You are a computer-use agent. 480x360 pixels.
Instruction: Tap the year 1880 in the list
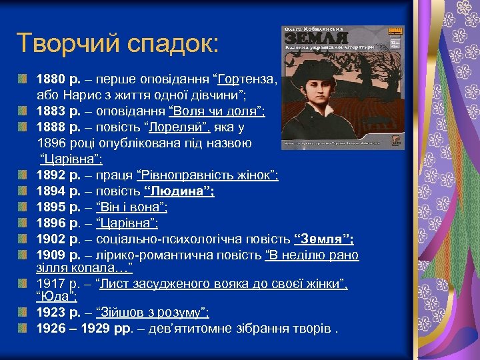[50, 78]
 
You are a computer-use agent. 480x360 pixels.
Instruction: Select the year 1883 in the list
[50, 111]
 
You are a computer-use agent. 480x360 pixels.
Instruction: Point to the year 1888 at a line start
[50, 127]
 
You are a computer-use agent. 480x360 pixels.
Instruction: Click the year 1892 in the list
[50, 175]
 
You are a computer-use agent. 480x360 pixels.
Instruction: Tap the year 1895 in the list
[50, 207]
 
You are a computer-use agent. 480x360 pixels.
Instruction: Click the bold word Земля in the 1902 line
[323, 239]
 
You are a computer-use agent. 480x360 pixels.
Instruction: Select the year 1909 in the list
[50, 255]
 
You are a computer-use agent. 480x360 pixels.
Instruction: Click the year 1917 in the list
[49, 284]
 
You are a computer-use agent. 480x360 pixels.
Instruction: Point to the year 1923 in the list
[50, 312]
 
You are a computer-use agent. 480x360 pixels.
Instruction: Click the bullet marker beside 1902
[23, 239]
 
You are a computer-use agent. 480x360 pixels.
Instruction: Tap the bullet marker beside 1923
[23, 312]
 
